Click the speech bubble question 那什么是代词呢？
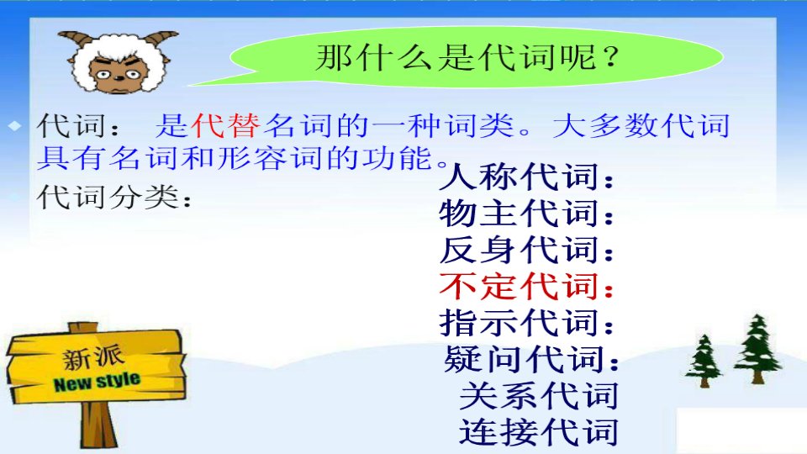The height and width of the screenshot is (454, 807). pyautogui.click(x=467, y=57)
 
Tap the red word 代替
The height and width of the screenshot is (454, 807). pyautogui.click(x=226, y=125)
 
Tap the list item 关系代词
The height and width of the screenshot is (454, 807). pyautogui.click(x=539, y=396)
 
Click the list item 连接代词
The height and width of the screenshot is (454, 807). pyautogui.click(x=539, y=432)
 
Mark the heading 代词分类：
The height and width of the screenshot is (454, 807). pyautogui.click(x=114, y=197)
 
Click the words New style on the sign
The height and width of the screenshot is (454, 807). pyautogui.click(x=97, y=382)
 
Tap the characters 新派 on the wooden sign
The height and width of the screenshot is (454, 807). pyautogui.click(x=93, y=357)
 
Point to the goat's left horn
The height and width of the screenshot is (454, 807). pyautogui.click(x=76, y=40)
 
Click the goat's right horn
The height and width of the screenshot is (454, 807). pyautogui.click(x=161, y=37)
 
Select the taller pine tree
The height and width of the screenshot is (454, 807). pyautogui.click(x=757, y=349)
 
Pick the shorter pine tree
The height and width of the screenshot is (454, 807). pyautogui.click(x=704, y=361)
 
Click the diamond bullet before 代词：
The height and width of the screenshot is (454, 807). pyautogui.click(x=15, y=125)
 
